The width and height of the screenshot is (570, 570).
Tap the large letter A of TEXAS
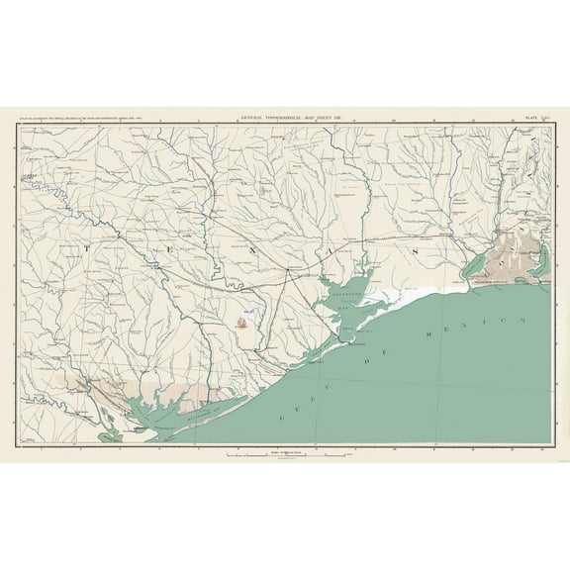pyautogui.click(x=327, y=254)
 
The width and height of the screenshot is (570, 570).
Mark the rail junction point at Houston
pyautogui.click(x=287, y=268)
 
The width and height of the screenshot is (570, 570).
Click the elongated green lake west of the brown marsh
pyautogui.click(x=474, y=263)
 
